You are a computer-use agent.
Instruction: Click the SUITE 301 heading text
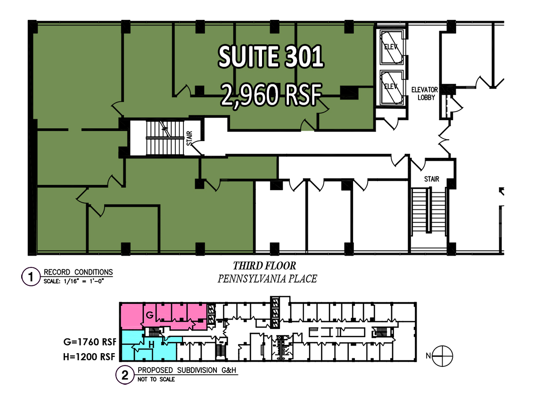[271, 57]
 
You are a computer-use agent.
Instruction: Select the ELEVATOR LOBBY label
[425, 94]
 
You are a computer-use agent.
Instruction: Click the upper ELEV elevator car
[392, 47]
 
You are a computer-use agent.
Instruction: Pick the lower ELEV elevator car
[392, 87]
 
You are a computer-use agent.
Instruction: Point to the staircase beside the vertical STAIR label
[165, 138]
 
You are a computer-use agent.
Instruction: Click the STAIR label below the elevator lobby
[432, 179]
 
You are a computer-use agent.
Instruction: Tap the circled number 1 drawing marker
[31, 277]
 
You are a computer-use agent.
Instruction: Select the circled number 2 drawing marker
[125, 375]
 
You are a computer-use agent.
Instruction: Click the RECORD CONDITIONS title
[78, 272]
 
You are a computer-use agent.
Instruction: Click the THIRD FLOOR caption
[264, 265]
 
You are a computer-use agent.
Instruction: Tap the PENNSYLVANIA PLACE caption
[267, 279]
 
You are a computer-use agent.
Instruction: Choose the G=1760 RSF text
[90, 342]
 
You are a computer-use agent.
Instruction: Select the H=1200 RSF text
[89, 356]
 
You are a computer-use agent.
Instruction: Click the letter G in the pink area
[150, 315]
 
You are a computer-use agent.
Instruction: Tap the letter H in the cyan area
[151, 344]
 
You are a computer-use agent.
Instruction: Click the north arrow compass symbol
[442, 356]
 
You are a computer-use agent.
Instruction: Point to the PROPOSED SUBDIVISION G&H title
[187, 370]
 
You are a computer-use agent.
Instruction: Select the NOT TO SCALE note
[156, 380]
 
